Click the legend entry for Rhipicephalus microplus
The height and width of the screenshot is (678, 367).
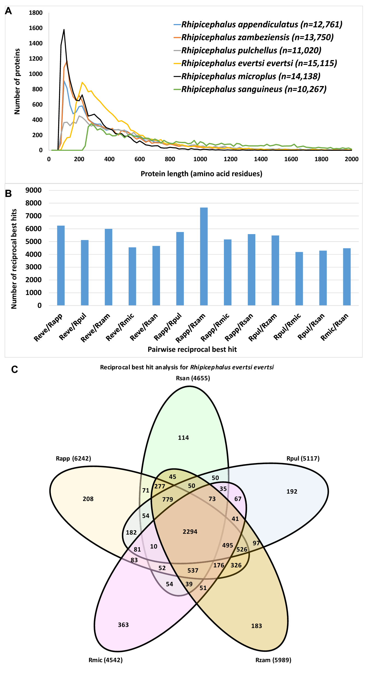pos(251,76)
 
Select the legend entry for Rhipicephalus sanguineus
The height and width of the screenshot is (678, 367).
pos(254,89)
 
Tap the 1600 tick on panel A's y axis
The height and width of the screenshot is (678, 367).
pos(36,28)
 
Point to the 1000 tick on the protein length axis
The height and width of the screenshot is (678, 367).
pos(200,159)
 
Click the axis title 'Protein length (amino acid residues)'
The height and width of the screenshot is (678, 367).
pos(201,174)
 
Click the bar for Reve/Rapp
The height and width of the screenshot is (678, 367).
pos(61,265)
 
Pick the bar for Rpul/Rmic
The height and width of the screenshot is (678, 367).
pos(299,278)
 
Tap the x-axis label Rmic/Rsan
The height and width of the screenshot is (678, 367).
pos(335,327)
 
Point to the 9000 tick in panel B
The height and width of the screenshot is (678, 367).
pos(34,190)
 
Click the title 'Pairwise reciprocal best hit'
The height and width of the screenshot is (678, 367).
pos(192,349)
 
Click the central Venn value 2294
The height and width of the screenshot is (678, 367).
pos(190,532)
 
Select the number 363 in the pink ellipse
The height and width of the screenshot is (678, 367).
pos(123,625)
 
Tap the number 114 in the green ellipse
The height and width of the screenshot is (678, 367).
pos(183,438)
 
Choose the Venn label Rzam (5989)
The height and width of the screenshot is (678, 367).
pos(273,660)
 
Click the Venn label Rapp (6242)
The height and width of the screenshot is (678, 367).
pos(73,458)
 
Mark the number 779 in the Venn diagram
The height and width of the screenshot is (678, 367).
pos(167,499)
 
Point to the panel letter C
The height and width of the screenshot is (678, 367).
pos(14,370)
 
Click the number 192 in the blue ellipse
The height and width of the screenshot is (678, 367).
pos(292,491)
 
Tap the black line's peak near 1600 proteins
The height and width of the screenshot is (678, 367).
pos(64,30)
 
